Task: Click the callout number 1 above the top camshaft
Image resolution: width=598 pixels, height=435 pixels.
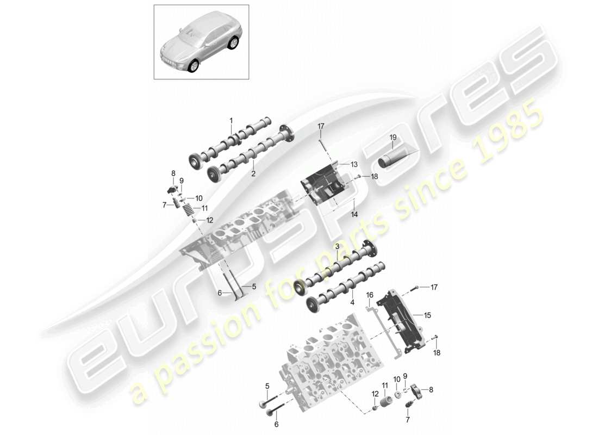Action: (231, 120)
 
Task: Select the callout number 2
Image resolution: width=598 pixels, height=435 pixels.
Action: (253, 174)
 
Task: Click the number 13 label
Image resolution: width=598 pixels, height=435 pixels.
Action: (354, 164)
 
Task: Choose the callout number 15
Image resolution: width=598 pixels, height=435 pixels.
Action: (427, 315)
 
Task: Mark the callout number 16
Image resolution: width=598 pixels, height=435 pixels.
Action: (369, 295)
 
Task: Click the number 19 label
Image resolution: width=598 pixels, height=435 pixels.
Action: (393, 138)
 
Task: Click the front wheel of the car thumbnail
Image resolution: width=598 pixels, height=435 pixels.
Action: (194, 66)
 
